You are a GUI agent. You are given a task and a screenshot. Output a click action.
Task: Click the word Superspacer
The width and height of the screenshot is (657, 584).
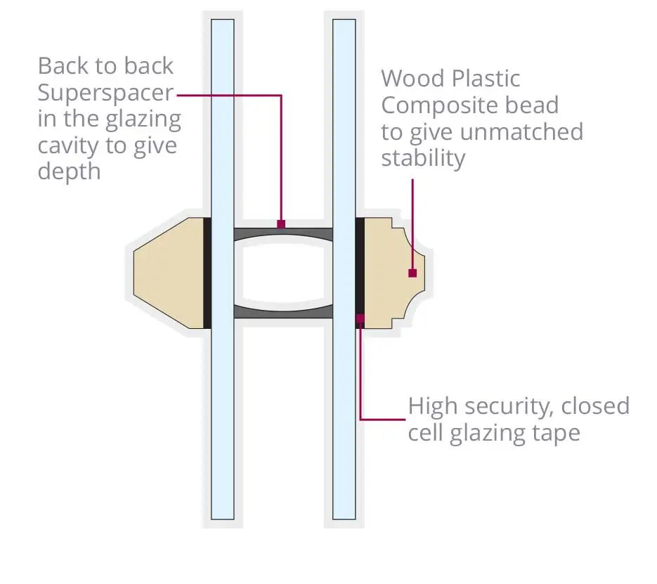pos(105,93)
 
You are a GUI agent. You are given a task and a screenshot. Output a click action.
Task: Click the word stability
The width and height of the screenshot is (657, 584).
pos(423,159)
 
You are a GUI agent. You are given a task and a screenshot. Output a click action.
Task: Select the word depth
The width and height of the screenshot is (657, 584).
pos(69,172)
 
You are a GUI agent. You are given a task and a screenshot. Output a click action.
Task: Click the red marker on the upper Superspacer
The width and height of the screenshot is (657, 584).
pos(281,224)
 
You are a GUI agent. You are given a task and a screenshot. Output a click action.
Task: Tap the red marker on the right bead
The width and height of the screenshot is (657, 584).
pos(412,273)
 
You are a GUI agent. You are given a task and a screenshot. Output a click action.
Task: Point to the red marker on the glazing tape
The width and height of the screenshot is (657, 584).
pos(360,318)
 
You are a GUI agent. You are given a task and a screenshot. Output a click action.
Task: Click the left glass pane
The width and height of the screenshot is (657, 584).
pos(223,269)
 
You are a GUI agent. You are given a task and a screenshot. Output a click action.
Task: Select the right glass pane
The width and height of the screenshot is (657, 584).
pos(344,269)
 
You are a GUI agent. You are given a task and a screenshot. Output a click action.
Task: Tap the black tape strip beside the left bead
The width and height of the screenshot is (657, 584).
pos(207,273)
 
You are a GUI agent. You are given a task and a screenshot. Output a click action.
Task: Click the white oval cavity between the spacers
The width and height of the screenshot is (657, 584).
pos(283,273)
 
